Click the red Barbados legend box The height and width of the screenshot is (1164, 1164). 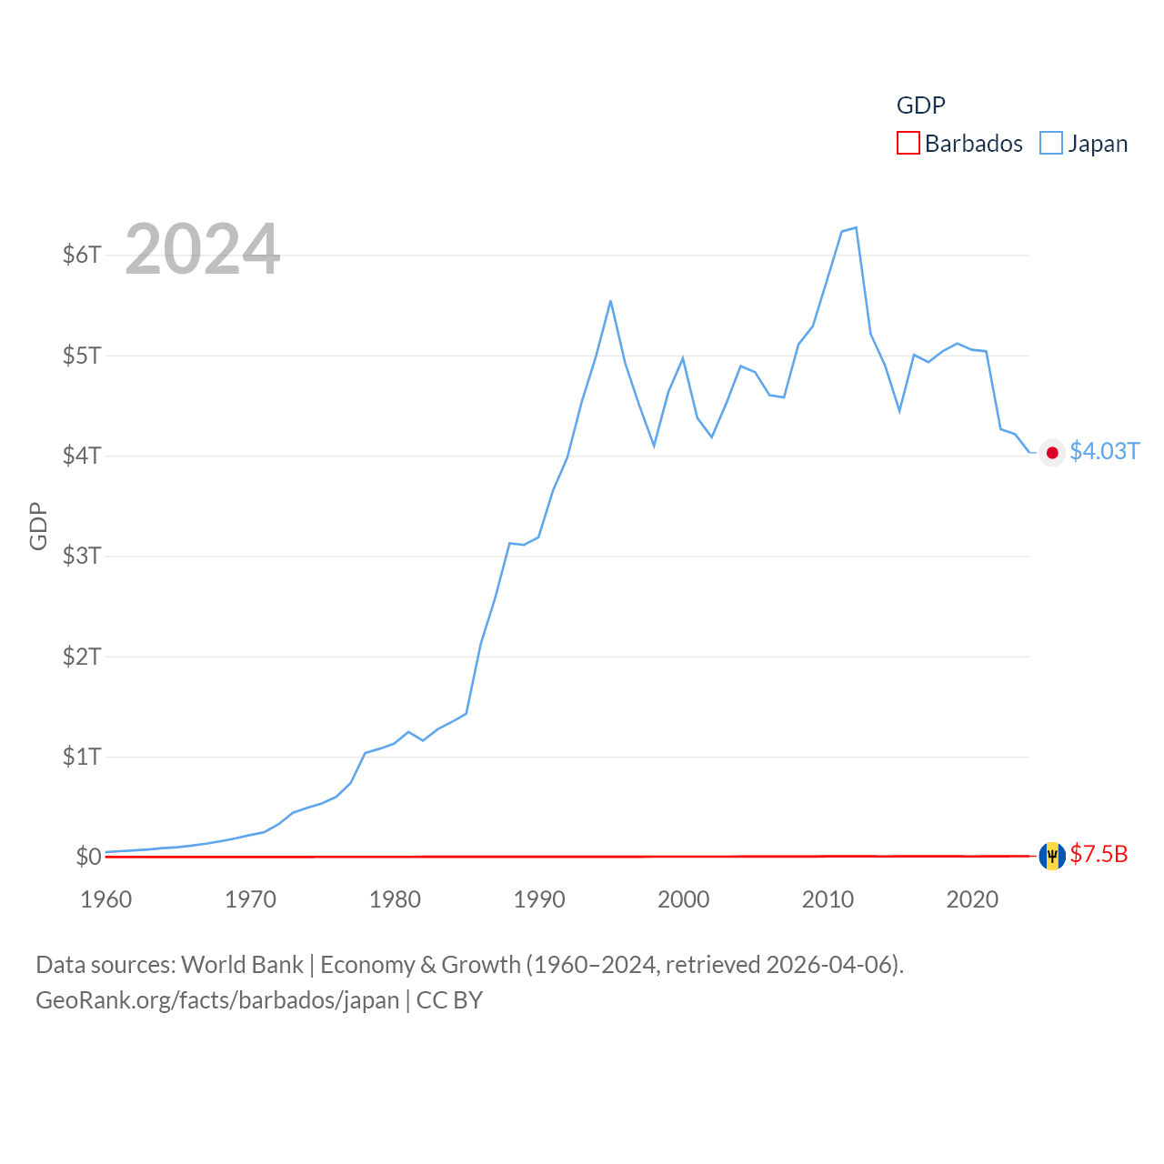coord(908,144)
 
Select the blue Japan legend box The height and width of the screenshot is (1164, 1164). coord(1050,144)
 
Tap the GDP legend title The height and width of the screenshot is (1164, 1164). coord(920,105)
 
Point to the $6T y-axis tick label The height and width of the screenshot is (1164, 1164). coord(82,255)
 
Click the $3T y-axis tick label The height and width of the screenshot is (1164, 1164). coord(82,556)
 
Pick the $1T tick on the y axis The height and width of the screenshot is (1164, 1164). coord(82,757)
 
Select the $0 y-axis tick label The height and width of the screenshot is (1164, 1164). coord(88,857)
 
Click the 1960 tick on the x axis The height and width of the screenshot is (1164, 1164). coord(106,899)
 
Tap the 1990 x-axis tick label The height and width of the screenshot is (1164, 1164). coord(539,899)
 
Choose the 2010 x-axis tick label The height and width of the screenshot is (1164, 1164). coord(828,899)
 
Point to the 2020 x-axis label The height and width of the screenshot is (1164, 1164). coord(972,899)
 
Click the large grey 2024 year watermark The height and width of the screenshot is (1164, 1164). coord(202,249)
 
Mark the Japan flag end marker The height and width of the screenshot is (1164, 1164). coord(1052,453)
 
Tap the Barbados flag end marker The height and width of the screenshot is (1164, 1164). coord(1052,856)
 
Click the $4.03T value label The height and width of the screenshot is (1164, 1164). coord(1104,452)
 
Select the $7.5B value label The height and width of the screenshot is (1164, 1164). coord(1099,855)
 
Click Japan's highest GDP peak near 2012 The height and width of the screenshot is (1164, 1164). coord(856,227)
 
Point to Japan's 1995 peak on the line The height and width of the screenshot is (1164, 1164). coord(610,301)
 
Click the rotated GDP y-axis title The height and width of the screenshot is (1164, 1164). coord(38,526)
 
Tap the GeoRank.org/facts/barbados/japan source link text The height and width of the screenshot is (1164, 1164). coord(217,1000)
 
